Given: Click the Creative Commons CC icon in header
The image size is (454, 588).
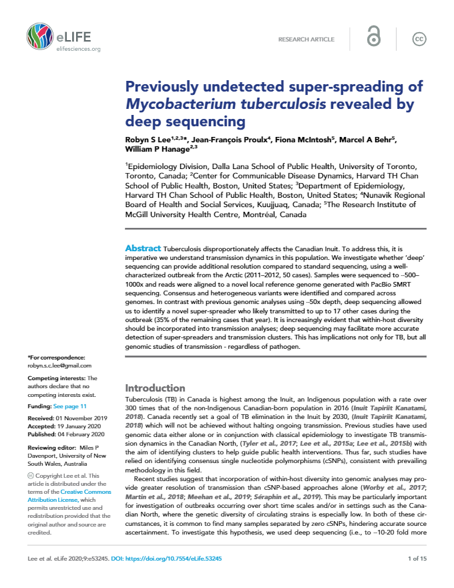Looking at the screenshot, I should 419,39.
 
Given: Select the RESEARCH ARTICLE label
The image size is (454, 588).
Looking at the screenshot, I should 306,39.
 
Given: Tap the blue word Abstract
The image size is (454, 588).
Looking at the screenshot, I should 143,248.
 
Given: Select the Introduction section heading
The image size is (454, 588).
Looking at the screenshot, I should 156,388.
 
